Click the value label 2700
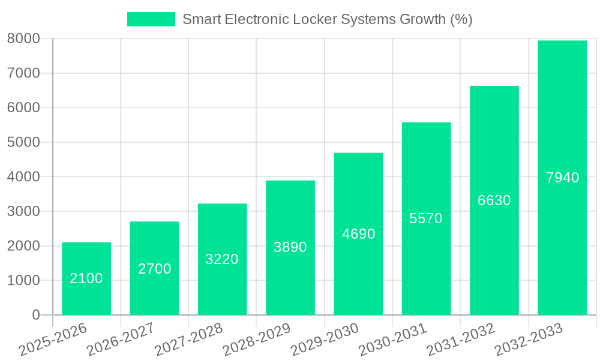(x=154, y=269)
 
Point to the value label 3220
(x=222, y=259)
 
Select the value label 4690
(x=358, y=234)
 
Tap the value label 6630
(x=494, y=200)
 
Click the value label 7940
(x=562, y=178)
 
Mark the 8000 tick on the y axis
(x=23, y=38)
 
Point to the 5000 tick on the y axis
(x=23, y=142)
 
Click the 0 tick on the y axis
(x=36, y=315)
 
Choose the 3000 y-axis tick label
(x=23, y=211)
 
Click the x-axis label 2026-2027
(x=120, y=340)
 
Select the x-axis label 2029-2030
(x=325, y=340)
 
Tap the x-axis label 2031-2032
(x=460, y=340)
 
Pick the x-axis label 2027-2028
(x=188, y=340)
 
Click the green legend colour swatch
(x=151, y=19)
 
